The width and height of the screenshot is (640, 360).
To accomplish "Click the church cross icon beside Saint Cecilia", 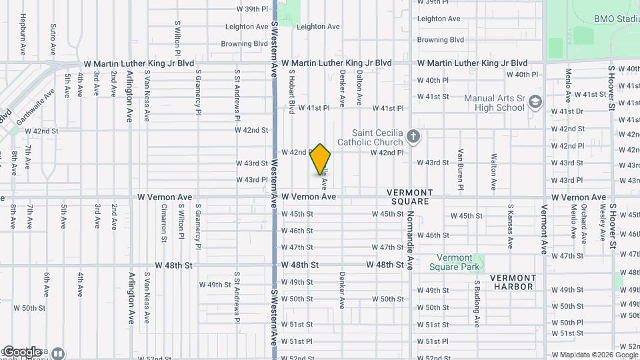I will (x=413, y=137).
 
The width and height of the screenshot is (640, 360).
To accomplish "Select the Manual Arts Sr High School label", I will (x=494, y=103).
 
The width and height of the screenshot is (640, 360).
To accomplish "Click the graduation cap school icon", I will (x=535, y=103).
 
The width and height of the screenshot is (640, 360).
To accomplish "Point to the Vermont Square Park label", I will (x=459, y=263).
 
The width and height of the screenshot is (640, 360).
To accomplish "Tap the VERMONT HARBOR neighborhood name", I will (x=512, y=282).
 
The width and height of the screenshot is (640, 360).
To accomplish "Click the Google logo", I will (x=21, y=351).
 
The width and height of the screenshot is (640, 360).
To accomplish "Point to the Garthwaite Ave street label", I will (x=34, y=107).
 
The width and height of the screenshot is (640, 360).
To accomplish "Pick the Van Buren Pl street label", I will (x=460, y=169).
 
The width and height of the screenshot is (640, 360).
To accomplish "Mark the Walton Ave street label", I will (x=494, y=171).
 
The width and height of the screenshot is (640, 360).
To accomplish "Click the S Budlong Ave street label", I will (x=477, y=303).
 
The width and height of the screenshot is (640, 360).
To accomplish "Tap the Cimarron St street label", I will (x=163, y=222).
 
